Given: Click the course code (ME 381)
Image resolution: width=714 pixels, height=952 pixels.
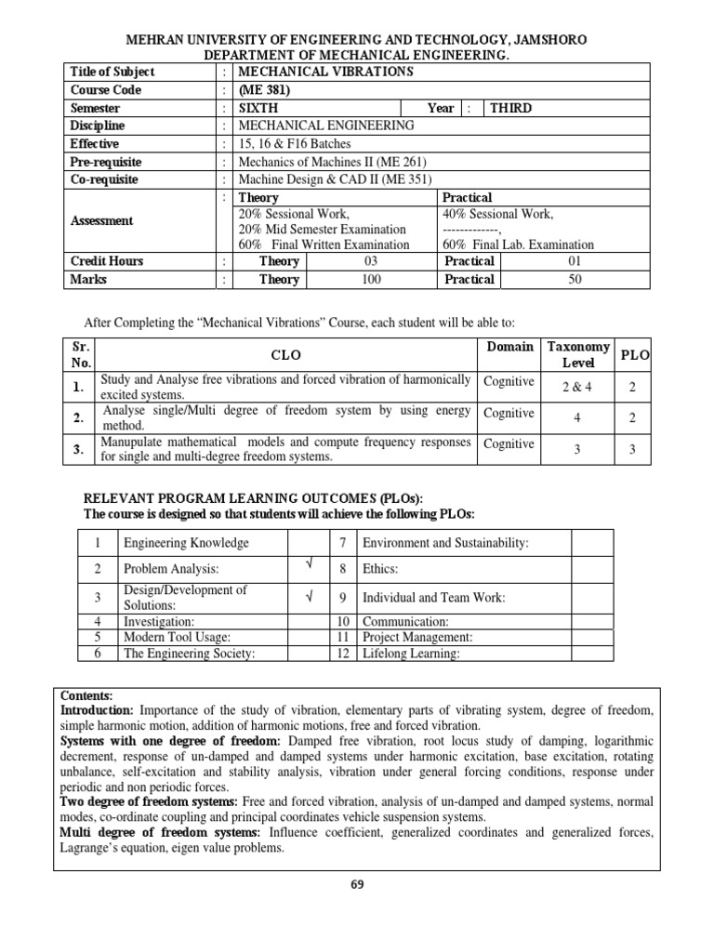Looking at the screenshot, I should [265, 90].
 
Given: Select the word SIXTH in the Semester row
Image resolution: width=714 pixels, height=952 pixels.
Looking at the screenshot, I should [258, 108].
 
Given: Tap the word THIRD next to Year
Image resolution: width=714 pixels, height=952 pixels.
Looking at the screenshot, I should [510, 108].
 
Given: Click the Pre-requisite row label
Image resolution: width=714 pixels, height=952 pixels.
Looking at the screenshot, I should [104, 162].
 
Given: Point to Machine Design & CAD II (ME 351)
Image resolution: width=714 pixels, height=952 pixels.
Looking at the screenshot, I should [336, 179].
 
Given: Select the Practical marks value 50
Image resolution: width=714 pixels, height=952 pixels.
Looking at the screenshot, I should [574, 279].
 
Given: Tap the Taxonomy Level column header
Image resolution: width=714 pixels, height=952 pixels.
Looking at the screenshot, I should [577, 354].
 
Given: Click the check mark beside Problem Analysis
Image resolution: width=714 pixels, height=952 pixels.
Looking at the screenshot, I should [308, 564].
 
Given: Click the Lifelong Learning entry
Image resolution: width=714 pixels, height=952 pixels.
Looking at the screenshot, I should [411, 654].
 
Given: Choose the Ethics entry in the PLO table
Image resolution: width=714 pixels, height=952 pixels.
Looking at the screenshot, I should [380, 568].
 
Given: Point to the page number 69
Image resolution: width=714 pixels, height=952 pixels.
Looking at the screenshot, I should [357, 884].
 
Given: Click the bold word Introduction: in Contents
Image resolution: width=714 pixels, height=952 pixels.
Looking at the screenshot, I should [97, 710].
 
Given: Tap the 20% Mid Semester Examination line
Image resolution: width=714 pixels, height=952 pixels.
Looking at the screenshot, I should [322, 229].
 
